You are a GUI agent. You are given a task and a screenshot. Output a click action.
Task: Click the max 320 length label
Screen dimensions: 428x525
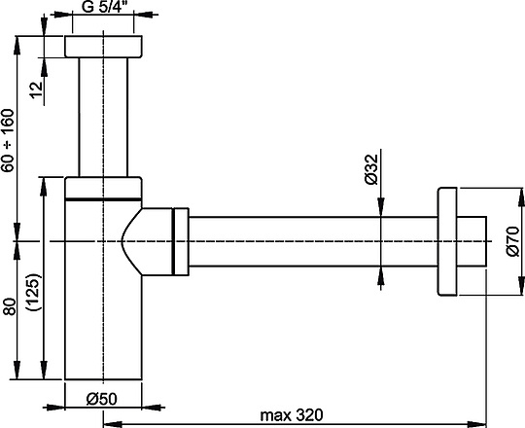(x=292, y=416)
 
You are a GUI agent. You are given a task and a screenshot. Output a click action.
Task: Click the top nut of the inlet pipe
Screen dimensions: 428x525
(x=103, y=47)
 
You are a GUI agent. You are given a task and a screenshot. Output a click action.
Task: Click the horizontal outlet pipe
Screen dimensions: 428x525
(x=311, y=239)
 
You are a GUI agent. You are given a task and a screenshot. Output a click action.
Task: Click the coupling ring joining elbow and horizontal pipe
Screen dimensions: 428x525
(x=180, y=239)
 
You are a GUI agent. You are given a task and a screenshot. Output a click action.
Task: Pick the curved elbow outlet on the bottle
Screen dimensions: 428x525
(x=146, y=239)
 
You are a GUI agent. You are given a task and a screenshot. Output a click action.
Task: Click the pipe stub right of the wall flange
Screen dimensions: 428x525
(x=473, y=239)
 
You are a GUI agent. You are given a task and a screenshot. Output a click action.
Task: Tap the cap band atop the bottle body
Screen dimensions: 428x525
(x=103, y=188)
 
